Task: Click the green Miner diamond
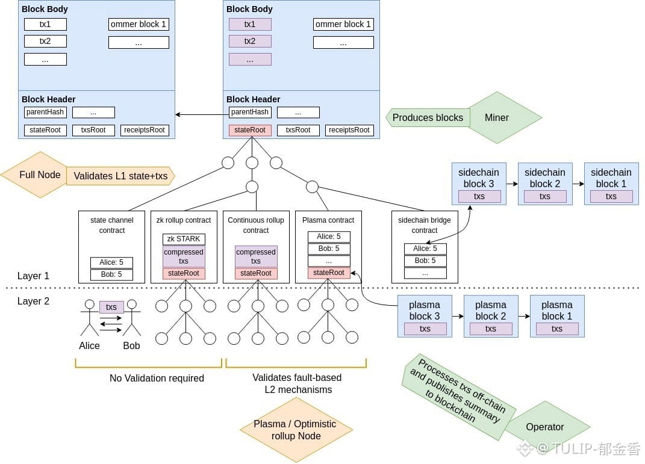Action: [x=497, y=118]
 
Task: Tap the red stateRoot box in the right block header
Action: [x=250, y=130]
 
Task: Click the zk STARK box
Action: [x=184, y=239]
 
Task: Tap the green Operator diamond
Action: [x=545, y=427]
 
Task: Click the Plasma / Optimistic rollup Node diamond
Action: [x=295, y=430]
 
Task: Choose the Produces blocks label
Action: [x=428, y=118]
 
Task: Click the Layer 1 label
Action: [x=34, y=276]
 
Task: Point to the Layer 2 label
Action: [x=34, y=301]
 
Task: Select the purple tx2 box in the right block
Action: [x=250, y=42]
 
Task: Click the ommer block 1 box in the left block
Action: [x=139, y=25]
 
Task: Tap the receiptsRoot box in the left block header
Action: [x=145, y=130]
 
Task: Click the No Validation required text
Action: [x=157, y=379]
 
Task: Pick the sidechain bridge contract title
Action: [x=425, y=225]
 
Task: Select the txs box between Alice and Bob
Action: [x=111, y=307]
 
